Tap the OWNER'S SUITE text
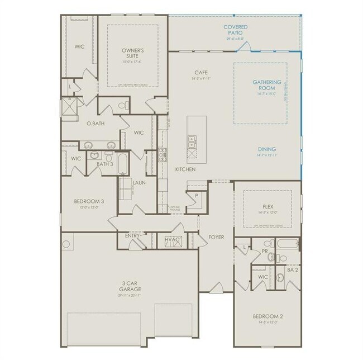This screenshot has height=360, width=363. click(133, 53)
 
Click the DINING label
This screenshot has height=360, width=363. click(266, 149)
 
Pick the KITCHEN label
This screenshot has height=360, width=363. click(185, 169)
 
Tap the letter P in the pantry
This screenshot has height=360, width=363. click(197, 195)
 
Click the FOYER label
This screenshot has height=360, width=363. click(216, 237)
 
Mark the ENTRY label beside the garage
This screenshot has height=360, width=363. click(132, 236)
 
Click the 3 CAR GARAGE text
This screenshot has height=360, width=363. click(129, 286)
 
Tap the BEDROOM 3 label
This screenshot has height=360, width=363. click(87, 201)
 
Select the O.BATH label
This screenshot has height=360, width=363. click(88, 123)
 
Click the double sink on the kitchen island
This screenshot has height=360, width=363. click(191, 141)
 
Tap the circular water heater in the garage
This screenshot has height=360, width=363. click(66, 244)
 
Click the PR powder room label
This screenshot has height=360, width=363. click(266, 252)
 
